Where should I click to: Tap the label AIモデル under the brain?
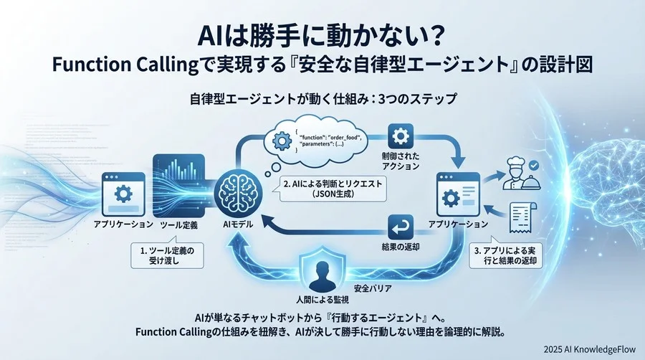(x=234, y=224)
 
